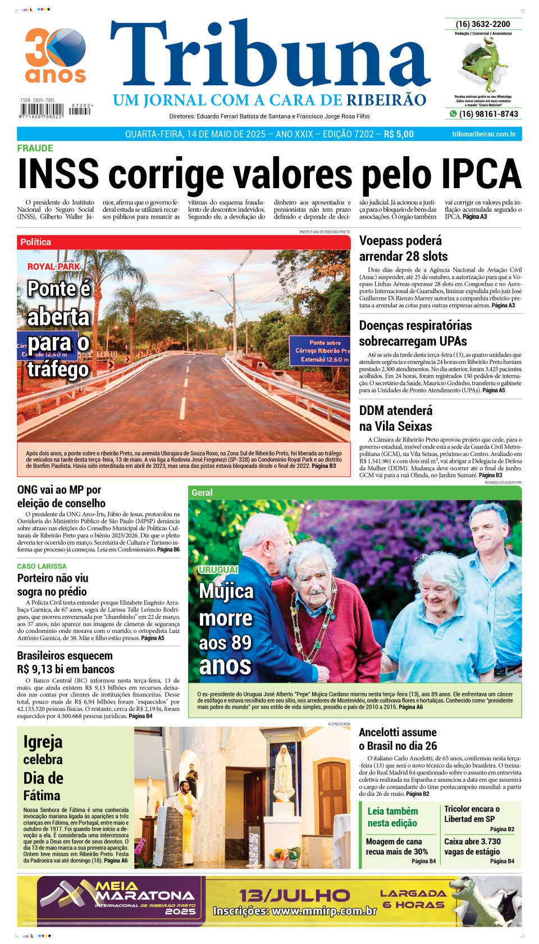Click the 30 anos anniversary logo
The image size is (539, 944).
click(55, 55)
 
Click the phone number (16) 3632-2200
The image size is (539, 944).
click(483, 24)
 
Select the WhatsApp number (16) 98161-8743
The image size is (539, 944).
click(488, 114)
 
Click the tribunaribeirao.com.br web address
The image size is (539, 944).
click(483, 134)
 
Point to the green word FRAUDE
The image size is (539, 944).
click(35, 148)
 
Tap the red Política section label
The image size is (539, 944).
click(35, 242)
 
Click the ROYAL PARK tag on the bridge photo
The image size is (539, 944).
click(54, 267)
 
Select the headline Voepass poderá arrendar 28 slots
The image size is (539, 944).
click(403, 248)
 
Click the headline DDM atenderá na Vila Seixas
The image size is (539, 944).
click(395, 418)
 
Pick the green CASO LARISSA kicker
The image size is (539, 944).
click(42, 566)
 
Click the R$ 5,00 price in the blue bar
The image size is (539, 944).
click(399, 134)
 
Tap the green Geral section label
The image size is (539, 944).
click(202, 492)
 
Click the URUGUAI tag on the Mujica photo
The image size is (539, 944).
click(218, 569)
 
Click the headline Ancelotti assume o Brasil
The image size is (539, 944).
click(398, 739)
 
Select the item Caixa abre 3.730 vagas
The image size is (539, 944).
click(472, 846)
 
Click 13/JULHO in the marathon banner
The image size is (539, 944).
click(294, 895)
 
